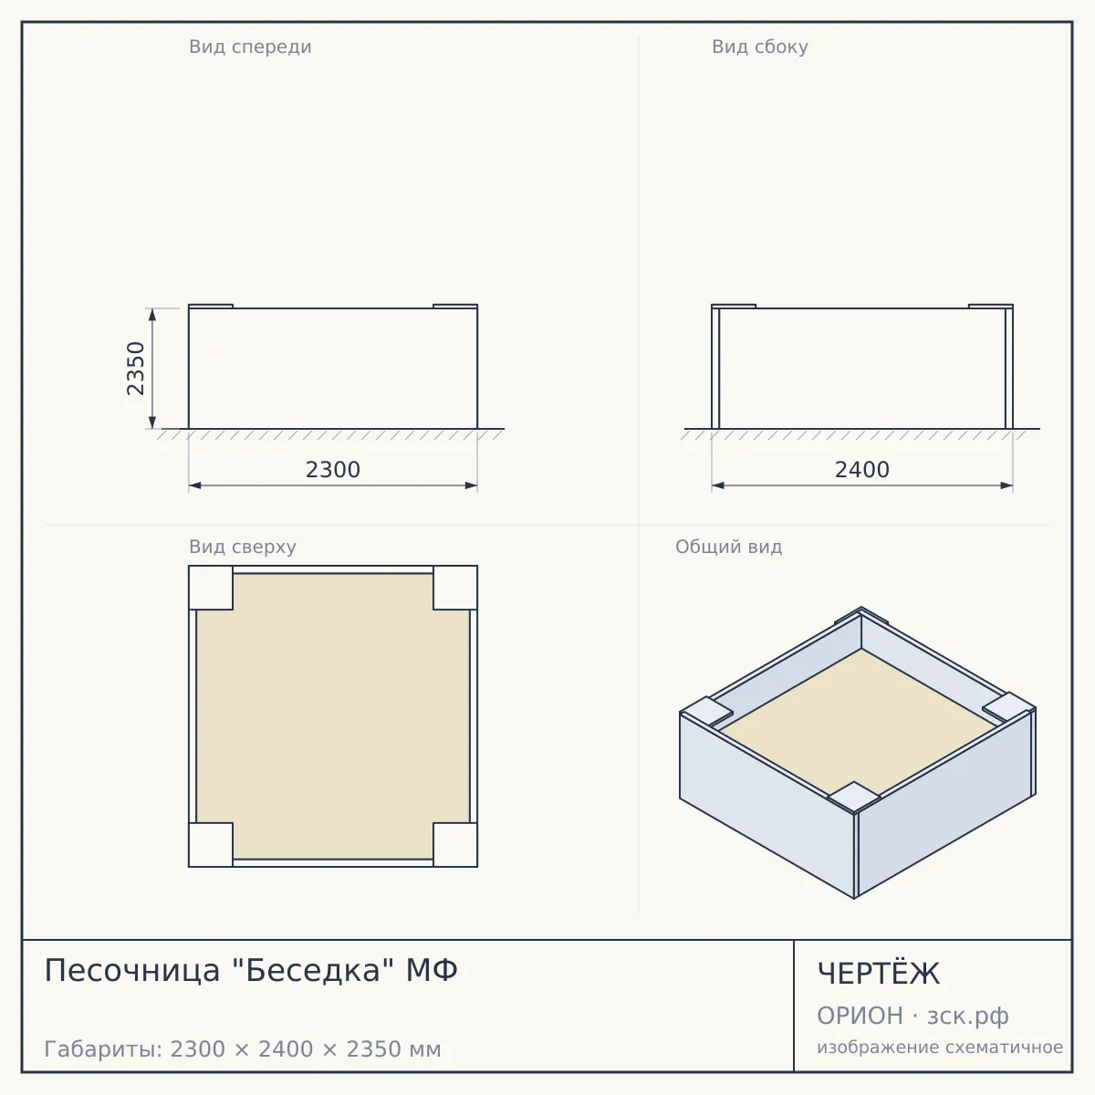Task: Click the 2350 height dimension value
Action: point(136,369)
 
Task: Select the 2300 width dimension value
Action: point(333,470)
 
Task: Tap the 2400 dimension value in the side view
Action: point(862,470)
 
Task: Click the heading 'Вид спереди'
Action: point(250,47)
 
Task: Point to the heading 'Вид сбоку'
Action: point(760,47)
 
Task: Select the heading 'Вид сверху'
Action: point(243,547)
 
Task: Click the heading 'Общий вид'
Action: point(728,547)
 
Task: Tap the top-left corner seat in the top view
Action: point(211,588)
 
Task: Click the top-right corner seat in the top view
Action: point(455,588)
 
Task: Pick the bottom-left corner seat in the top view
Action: point(211,844)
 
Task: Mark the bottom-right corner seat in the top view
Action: point(455,844)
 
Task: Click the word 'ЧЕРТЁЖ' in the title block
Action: point(879,973)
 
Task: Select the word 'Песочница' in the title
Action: point(131,971)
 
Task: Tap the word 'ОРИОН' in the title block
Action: point(860,1016)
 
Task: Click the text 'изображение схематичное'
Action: point(940,1047)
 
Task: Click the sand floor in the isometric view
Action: point(860,722)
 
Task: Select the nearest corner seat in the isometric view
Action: point(854,796)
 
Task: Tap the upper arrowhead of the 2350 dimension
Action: point(152,314)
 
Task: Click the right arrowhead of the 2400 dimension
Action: point(1006,485)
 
